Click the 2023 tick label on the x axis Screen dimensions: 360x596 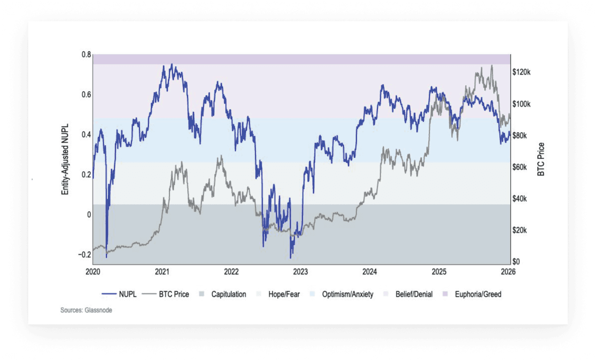point(301,272)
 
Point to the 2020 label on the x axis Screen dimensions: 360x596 point(93,272)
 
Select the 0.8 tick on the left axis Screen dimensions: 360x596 point(86,55)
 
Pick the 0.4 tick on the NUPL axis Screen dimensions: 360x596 point(86,135)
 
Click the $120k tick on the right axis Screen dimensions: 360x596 point(521,72)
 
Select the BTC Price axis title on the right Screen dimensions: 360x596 point(541,159)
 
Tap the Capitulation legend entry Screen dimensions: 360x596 point(228,294)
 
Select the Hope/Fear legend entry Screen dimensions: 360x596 point(284,294)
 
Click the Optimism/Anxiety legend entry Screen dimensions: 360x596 point(347,294)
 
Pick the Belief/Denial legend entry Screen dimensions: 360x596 point(414,294)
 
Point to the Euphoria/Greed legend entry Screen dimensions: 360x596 point(478,294)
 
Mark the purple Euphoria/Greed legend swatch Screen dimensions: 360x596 point(445,294)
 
